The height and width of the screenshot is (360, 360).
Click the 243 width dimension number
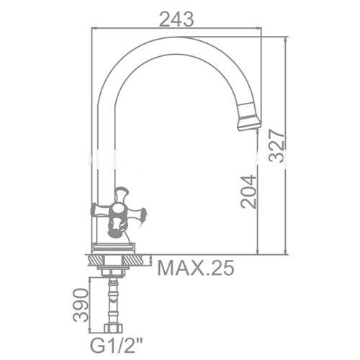(176, 19)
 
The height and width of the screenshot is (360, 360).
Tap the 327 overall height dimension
(276, 146)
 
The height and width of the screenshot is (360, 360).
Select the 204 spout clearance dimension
(248, 192)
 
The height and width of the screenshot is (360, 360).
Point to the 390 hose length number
(81, 305)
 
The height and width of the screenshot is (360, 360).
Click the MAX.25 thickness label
(196, 268)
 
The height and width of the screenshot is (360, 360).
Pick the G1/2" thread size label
(116, 346)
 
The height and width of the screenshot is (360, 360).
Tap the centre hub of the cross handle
(117, 211)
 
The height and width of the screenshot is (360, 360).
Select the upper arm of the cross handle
(120, 195)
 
